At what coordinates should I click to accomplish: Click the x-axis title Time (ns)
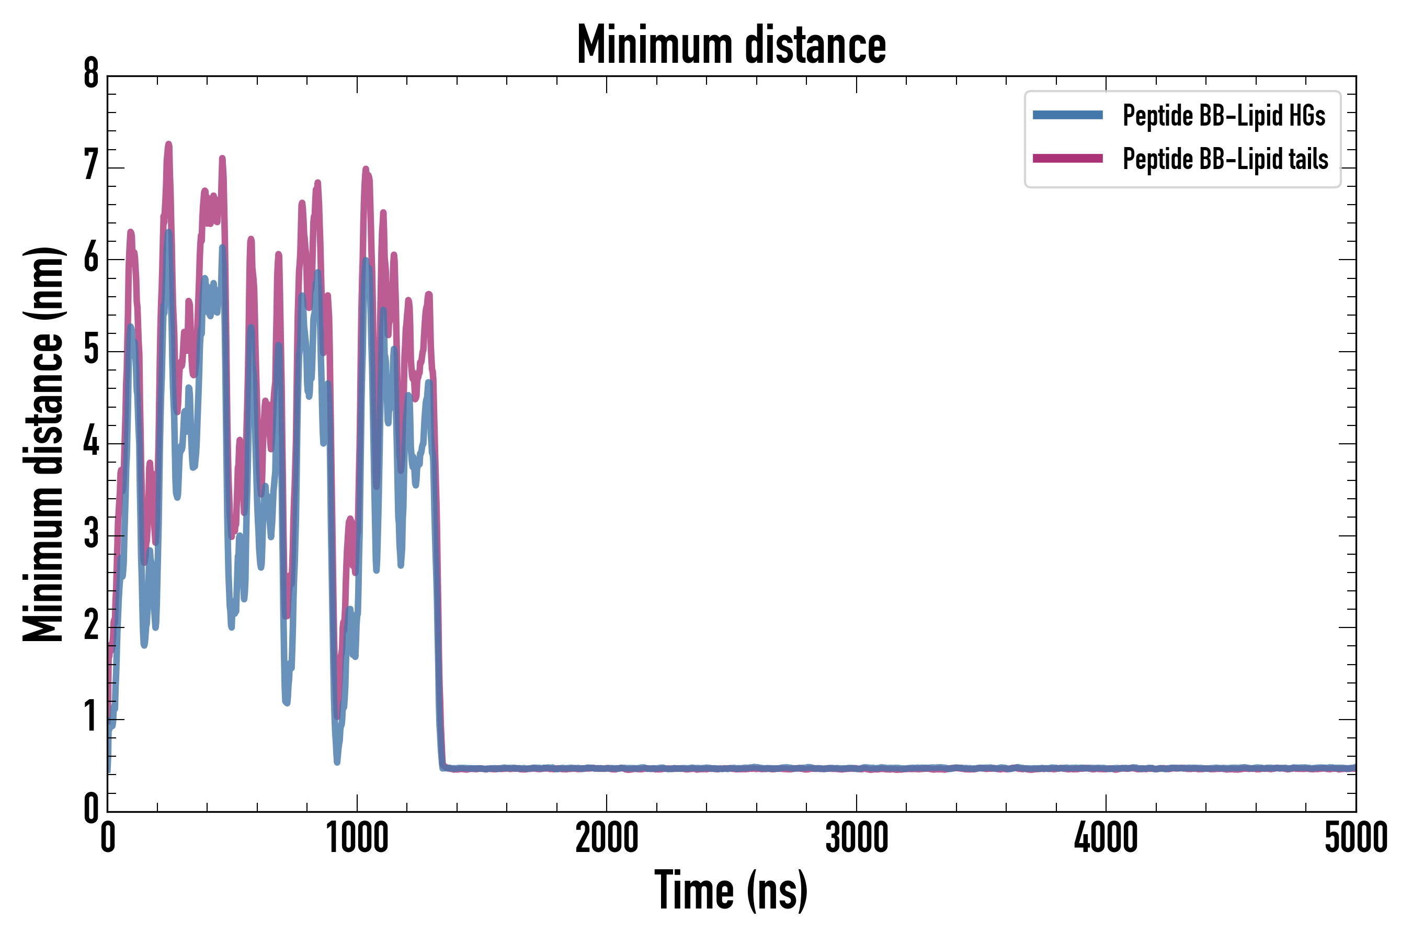[x=731, y=891]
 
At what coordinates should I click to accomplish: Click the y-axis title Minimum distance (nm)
[x=43, y=444]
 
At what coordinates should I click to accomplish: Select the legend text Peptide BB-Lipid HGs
[x=1224, y=115]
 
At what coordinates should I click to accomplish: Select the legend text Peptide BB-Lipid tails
[x=1225, y=159]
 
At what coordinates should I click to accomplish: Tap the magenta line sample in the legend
[x=1067, y=159]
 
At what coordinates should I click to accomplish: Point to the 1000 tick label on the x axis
[x=357, y=838]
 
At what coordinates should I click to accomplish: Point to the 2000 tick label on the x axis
[x=606, y=838]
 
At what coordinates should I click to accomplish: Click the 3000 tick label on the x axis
[x=857, y=838]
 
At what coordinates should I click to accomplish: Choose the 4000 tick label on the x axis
[x=1106, y=838]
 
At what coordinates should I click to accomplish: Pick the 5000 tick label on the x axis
[x=1356, y=838]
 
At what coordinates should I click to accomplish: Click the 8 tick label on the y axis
[x=91, y=74]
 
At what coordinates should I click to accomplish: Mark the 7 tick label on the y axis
[x=91, y=165]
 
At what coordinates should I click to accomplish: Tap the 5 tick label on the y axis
[x=91, y=350]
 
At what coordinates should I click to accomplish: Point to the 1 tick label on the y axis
[x=91, y=717]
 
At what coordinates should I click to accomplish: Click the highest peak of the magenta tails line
[x=169, y=144]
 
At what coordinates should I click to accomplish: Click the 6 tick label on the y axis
[x=91, y=259]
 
